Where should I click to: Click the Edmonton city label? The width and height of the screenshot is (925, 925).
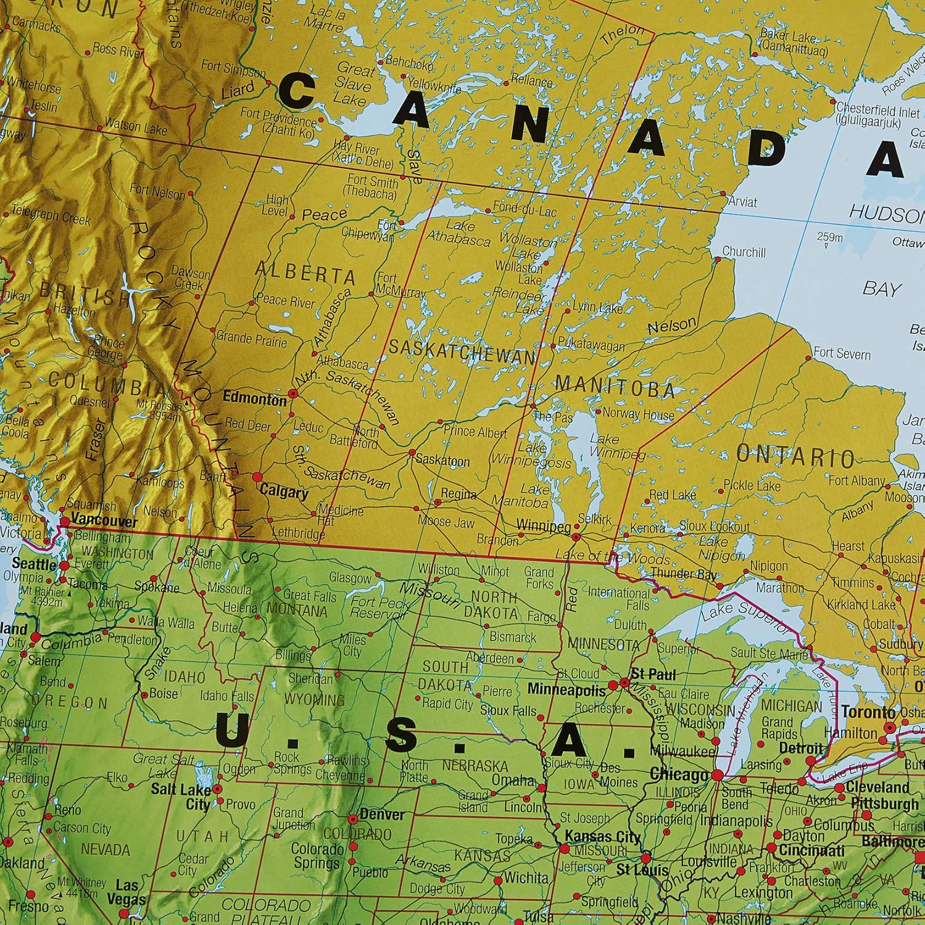(254, 399)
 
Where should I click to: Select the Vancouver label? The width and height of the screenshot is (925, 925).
(104, 521)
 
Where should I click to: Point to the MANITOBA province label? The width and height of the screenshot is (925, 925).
(615, 387)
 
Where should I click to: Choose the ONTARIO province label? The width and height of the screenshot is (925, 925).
(796, 456)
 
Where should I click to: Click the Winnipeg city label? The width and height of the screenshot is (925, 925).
(543, 527)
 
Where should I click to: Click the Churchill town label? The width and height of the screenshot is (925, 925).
(744, 252)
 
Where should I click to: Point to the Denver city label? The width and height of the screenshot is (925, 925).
(382, 815)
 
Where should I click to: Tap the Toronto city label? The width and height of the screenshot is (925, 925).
(868, 712)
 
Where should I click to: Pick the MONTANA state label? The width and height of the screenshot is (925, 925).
(296, 612)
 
